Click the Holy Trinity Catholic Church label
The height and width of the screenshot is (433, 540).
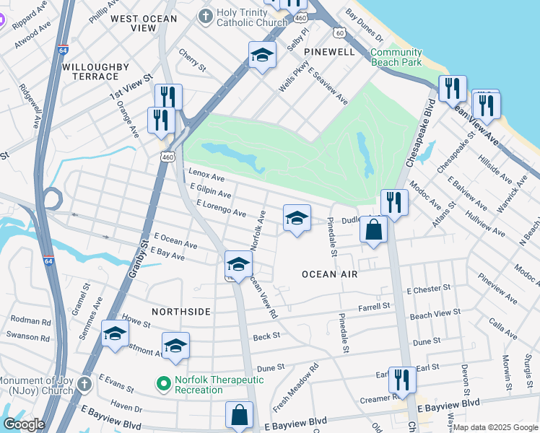click(x=253, y=17)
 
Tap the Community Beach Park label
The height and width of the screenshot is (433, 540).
click(x=396, y=58)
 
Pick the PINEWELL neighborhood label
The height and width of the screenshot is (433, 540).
click(x=330, y=53)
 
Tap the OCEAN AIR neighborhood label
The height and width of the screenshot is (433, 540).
click(x=330, y=274)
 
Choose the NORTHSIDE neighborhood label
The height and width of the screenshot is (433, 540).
click(x=181, y=311)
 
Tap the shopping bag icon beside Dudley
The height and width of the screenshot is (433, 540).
click(x=374, y=231)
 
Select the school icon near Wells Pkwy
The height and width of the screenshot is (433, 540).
click(x=262, y=56)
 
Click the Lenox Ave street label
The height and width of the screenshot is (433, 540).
click(x=206, y=176)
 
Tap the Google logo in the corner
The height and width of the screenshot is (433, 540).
click(x=24, y=424)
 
